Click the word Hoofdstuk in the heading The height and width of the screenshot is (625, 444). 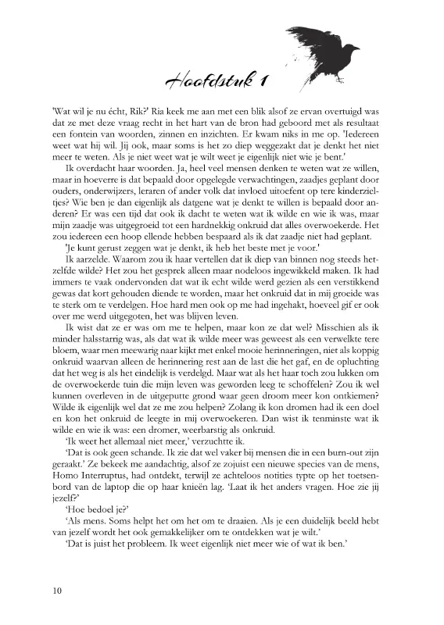pyautogui.click(x=205, y=80)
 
